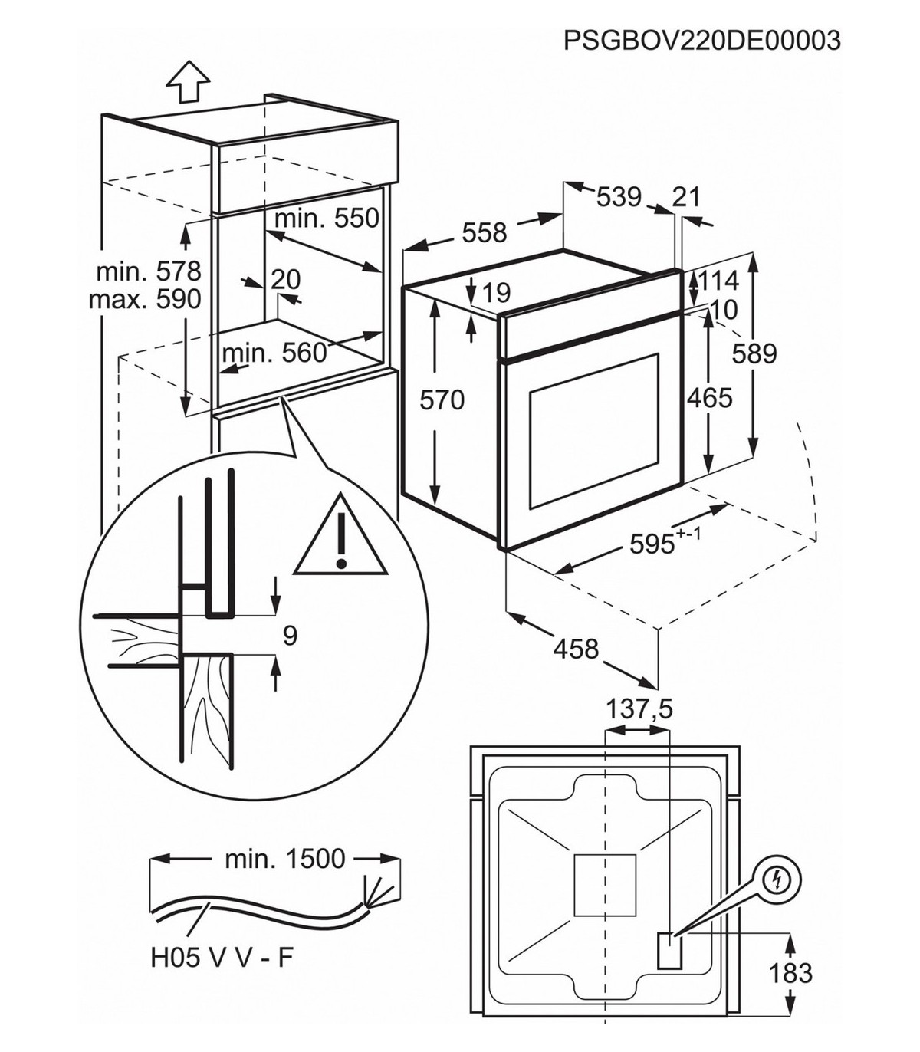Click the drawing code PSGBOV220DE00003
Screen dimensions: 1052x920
click(x=701, y=39)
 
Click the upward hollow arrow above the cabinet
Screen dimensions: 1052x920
click(x=188, y=81)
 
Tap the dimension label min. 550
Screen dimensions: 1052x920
click(x=327, y=218)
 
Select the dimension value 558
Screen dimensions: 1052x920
click(x=484, y=232)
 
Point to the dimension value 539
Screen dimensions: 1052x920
click(x=619, y=197)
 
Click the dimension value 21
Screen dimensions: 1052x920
click(x=686, y=197)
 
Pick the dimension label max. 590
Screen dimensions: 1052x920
click(x=145, y=298)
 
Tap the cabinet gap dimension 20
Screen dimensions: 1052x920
click(x=285, y=279)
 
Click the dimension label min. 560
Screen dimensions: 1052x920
click(x=274, y=353)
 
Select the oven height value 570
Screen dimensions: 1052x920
click(x=442, y=399)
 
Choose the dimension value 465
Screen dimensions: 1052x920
click(x=709, y=398)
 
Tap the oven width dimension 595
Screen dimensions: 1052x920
click(x=653, y=543)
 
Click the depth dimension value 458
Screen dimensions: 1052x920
click(x=576, y=649)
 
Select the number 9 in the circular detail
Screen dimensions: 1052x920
click(x=290, y=636)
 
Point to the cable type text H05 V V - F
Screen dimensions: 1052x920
click(x=222, y=958)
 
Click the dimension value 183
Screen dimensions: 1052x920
click(x=790, y=973)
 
